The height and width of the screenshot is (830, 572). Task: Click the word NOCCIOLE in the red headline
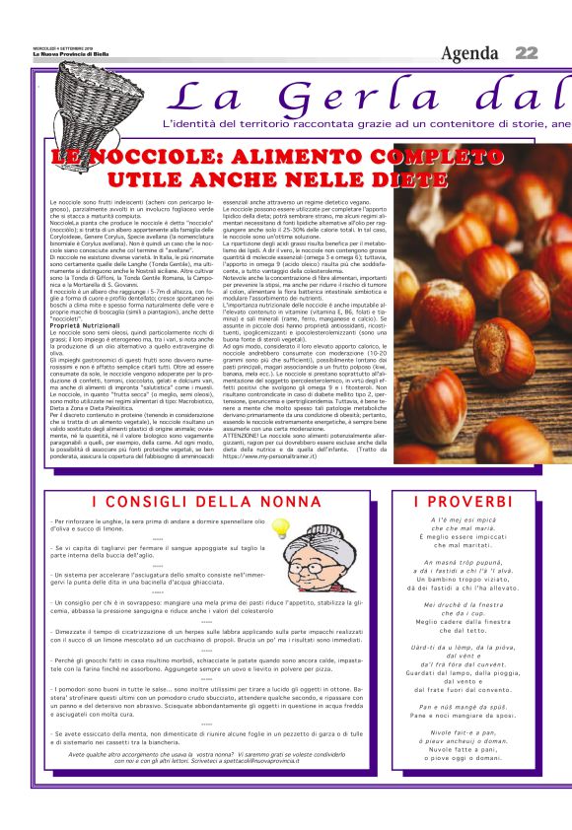[x=164, y=160]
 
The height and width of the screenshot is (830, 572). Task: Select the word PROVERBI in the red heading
[x=479, y=503]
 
